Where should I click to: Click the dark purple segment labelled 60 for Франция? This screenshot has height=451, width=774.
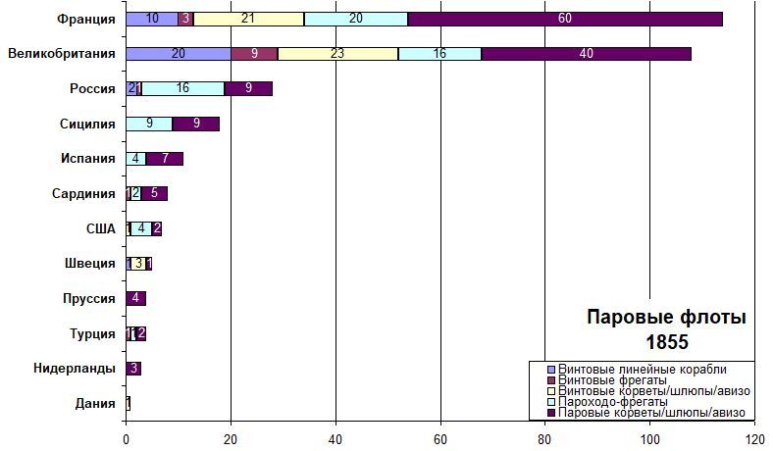pyautogui.click(x=564, y=19)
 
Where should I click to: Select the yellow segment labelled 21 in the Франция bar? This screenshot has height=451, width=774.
pyautogui.click(x=249, y=19)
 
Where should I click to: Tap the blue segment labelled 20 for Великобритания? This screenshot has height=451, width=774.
pyautogui.click(x=179, y=54)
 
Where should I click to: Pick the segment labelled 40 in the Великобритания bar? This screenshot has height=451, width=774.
pyautogui.click(x=587, y=54)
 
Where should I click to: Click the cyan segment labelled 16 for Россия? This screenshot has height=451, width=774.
pyautogui.click(x=183, y=88)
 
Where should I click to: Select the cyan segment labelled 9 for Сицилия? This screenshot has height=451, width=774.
pyautogui.click(x=149, y=124)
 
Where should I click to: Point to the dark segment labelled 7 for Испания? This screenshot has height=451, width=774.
pyautogui.click(x=165, y=158)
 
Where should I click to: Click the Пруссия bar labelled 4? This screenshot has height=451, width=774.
pyautogui.click(x=136, y=298)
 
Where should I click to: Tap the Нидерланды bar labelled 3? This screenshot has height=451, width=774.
pyautogui.click(x=133, y=369)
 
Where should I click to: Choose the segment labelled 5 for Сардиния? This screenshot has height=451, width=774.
pyautogui.click(x=154, y=193)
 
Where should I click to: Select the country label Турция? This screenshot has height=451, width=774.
pyautogui.click(x=94, y=334)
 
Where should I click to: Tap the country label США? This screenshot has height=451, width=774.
pyautogui.click(x=101, y=228)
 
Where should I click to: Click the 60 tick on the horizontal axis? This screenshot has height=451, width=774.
pyautogui.click(x=440, y=439)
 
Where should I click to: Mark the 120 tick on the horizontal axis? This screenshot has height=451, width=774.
pyautogui.click(x=754, y=439)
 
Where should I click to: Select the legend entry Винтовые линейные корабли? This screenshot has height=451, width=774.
pyautogui.click(x=642, y=368)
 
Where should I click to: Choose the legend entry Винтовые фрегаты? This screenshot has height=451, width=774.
pyautogui.click(x=612, y=379)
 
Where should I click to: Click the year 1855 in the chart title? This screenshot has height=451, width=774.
pyautogui.click(x=666, y=342)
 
